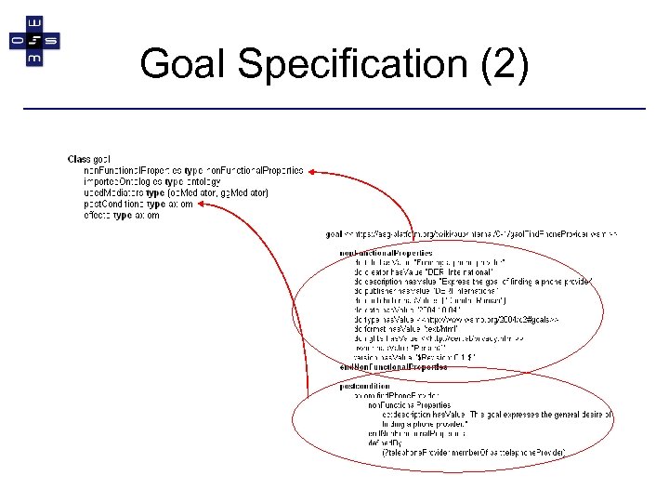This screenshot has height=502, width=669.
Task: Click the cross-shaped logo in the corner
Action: (33, 41)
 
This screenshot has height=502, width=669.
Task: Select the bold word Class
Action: (81, 160)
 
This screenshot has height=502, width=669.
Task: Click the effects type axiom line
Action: (122, 215)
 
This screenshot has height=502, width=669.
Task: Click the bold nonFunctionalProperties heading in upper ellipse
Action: (386, 254)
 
